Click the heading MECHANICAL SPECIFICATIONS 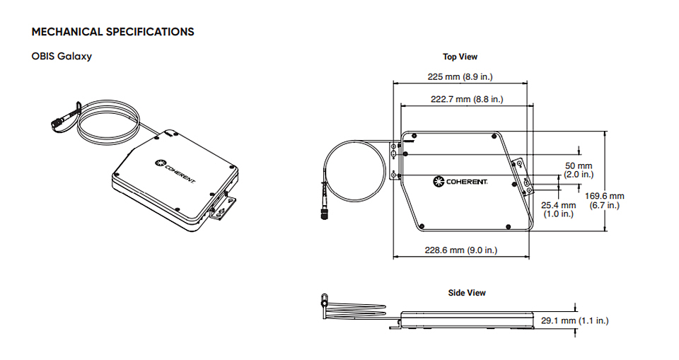(112, 32)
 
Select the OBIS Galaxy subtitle (62, 57)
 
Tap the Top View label (460, 57)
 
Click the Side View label (467, 293)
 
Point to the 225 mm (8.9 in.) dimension (460, 76)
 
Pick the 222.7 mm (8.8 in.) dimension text (467, 99)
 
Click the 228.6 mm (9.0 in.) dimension (460, 250)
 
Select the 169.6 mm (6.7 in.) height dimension (605, 201)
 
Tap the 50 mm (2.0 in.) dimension (579, 170)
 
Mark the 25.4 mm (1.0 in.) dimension (559, 209)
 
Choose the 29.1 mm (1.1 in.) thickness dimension (574, 320)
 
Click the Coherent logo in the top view (460, 182)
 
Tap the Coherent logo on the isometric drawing (175, 171)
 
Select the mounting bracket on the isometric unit (223, 209)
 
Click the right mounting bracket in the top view (523, 178)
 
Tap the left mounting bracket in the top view (394, 161)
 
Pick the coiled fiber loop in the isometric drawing (108, 122)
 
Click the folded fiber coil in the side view (354, 310)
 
